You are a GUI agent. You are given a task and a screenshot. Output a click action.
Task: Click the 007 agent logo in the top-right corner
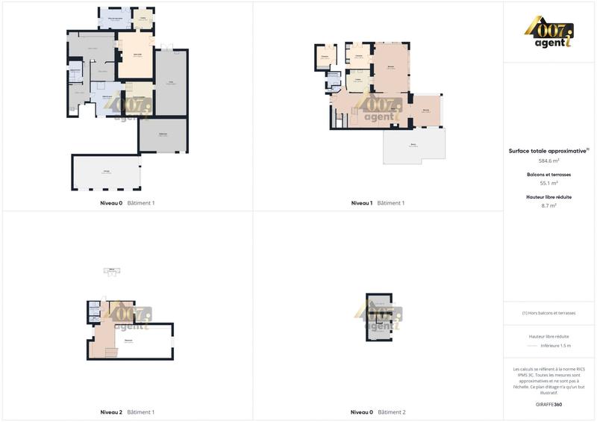(550, 32)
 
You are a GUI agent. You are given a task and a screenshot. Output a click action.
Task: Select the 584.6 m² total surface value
(549, 161)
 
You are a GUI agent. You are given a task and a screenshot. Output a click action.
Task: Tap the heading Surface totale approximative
(548, 150)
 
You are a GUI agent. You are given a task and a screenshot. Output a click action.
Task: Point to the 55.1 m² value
(549, 183)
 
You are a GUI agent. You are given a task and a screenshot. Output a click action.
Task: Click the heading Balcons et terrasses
(549, 175)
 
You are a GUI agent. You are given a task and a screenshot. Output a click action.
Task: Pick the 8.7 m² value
(549, 205)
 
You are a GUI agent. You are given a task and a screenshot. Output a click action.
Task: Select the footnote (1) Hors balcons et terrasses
(549, 313)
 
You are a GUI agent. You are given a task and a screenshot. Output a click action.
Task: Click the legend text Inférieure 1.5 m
(556, 346)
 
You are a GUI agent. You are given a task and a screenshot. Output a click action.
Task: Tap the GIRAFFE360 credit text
(549, 404)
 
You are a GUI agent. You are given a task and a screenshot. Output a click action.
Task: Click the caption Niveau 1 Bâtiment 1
(378, 203)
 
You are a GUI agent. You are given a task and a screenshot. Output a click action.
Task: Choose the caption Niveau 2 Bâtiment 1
(127, 412)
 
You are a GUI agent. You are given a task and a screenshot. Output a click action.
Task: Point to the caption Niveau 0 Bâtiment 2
(378, 412)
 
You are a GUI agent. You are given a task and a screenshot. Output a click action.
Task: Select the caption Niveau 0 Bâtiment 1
(127, 203)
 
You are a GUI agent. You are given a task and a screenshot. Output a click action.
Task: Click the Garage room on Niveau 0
(107, 173)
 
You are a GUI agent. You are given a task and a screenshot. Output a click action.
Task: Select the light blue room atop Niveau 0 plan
(116, 19)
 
